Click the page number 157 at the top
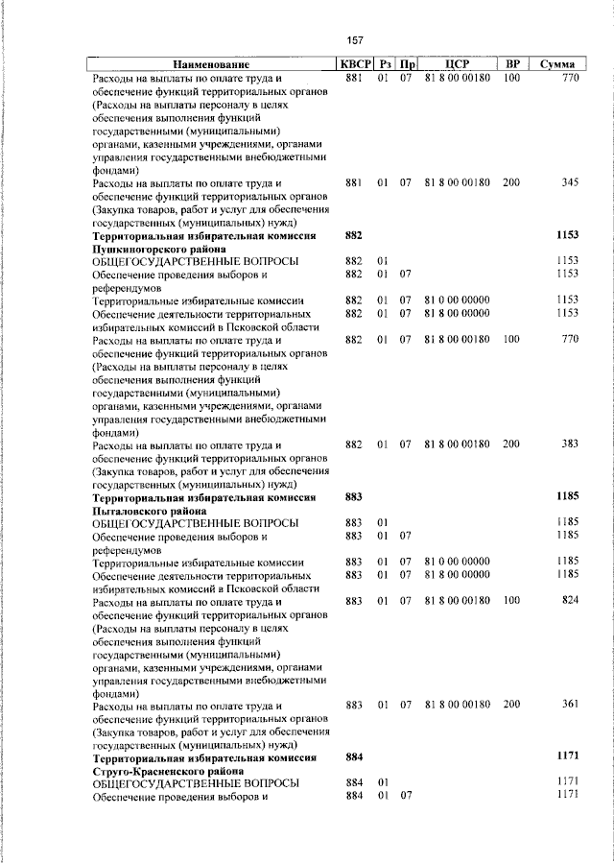(x=355, y=40)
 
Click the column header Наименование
(x=210, y=63)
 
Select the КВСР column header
(x=353, y=63)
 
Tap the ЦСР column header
(x=457, y=63)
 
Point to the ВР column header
(x=511, y=63)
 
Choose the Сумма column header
(x=556, y=63)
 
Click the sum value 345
(x=570, y=182)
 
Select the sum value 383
(x=570, y=444)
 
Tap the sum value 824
(x=570, y=601)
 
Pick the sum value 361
(x=570, y=706)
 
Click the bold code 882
(x=353, y=235)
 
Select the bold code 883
(x=353, y=497)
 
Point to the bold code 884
(x=353, y=758)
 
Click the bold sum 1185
(x=568, y=497)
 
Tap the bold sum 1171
(x=568, y=758)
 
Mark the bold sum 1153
(x=568, y=235)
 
